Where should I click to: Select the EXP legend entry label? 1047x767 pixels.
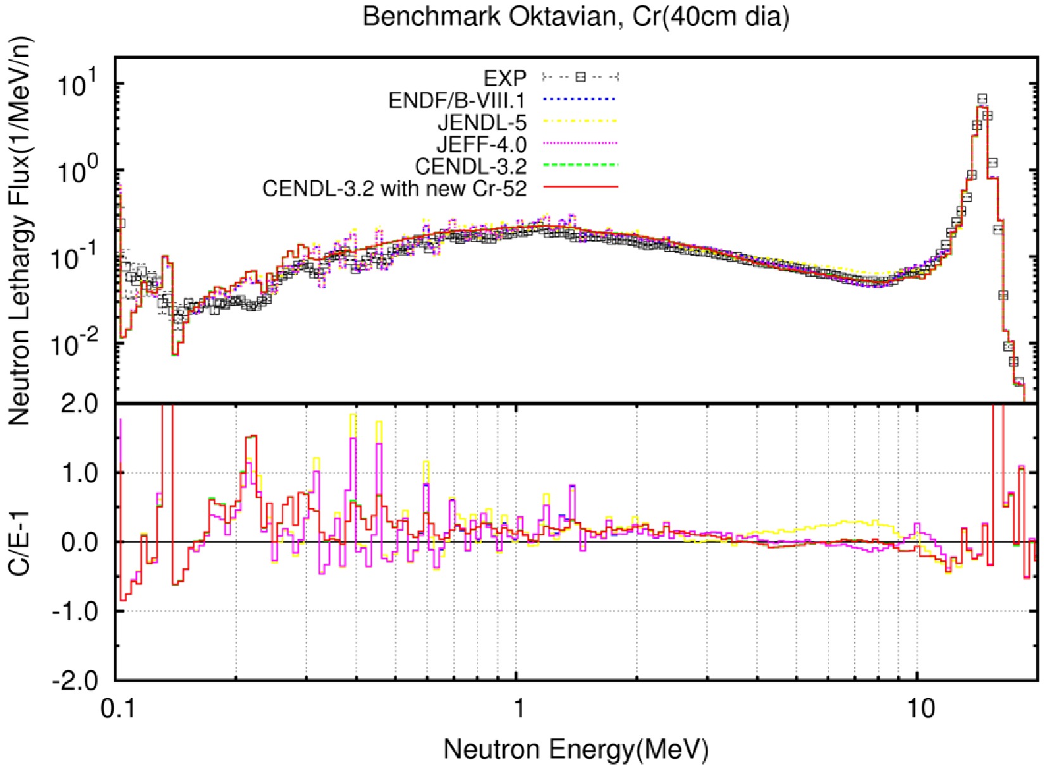[x=504, y=78]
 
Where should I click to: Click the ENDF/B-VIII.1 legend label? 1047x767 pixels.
[x=457, y=100]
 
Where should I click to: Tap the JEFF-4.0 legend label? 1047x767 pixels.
[x=481, y=144]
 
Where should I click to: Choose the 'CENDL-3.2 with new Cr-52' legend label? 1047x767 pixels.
[x=394, y=189]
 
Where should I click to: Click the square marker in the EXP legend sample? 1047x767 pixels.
[x=580, y=77]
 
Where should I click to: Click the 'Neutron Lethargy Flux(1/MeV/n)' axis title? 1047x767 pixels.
[x=19, y=231]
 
